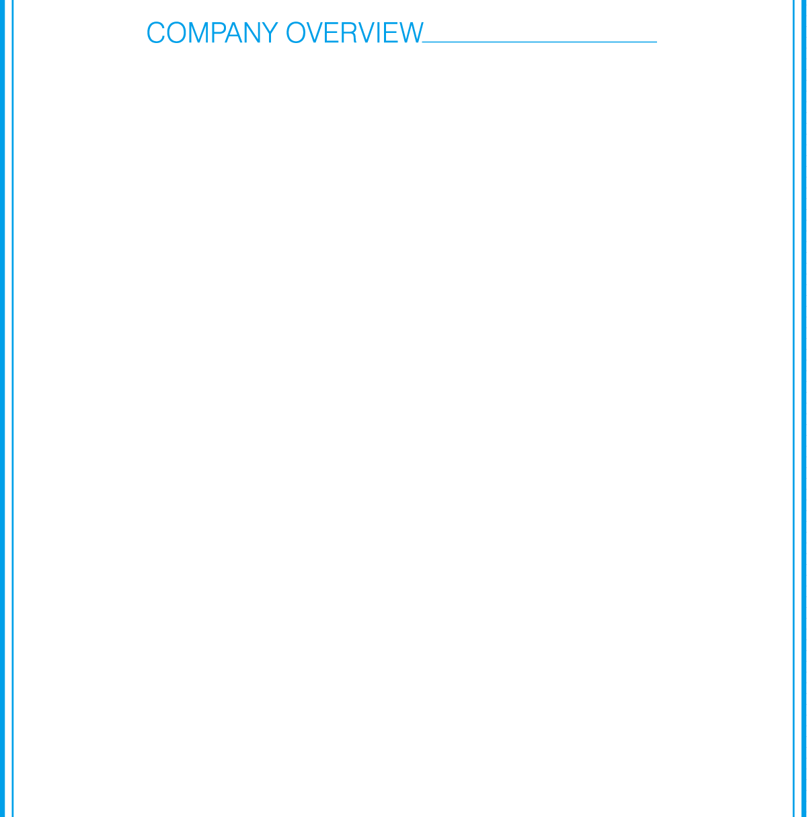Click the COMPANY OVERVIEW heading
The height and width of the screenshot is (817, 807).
(x=284, y=33)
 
